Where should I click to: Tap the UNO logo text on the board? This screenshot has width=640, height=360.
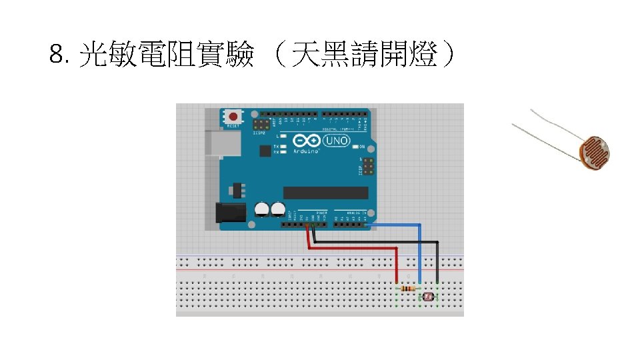[x=336, y=141]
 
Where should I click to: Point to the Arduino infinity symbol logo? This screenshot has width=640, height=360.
[x=305, y=141]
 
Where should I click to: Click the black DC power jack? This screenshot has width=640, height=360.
[x=229, y=213]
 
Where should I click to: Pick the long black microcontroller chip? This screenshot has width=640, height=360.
[x=326, y=193]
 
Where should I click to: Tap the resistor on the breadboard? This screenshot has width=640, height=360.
[x=407, y=288]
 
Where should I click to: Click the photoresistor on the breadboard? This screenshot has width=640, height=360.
[x=428, y=296]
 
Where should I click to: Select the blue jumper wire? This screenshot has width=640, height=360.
[x=419, y=253]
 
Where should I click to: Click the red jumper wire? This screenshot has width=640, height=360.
[x=353, y=247]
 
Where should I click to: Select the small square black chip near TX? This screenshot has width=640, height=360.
[x=265, y=150]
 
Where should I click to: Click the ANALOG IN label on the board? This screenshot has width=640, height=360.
[x=354, y=213]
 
